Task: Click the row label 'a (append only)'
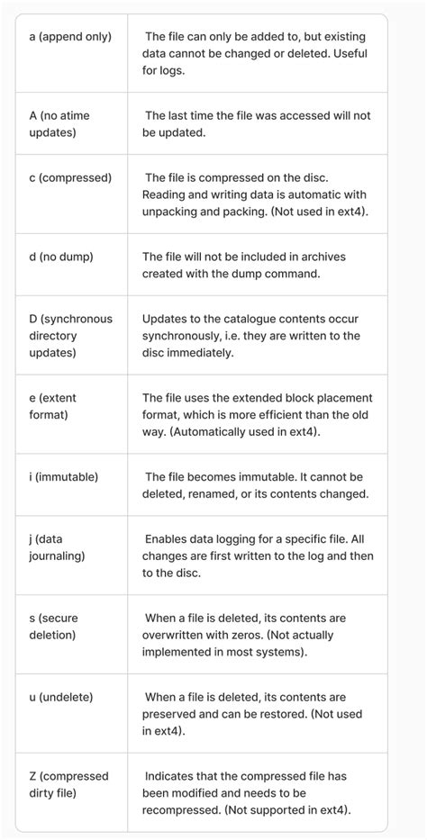[70, 37]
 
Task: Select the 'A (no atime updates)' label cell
[59, 124]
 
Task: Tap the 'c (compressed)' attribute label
[70, 177]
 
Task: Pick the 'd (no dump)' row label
[61, 257]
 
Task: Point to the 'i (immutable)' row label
[63, 476]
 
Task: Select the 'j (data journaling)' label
[57, 546]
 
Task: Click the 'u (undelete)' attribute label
[61, 697]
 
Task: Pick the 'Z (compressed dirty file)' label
[68, 784]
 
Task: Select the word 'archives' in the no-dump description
[316, 257]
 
